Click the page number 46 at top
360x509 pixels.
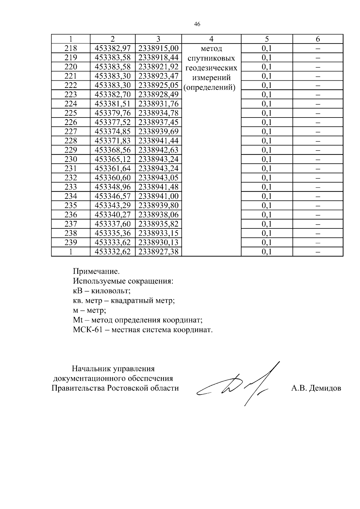(197, 24)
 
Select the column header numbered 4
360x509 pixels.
(211, 39)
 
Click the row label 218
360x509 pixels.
(71, 48)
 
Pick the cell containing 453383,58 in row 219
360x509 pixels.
(113, 58)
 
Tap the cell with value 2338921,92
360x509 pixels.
(158, 67)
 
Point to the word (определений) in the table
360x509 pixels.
(209, 88)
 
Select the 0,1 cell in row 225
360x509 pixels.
(267, 113)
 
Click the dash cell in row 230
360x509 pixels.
(318, 159)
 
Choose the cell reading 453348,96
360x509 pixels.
(113, 187)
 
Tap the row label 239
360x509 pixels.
(71, 242)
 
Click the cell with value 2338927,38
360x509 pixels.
(158, 252)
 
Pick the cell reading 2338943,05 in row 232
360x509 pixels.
(158, 178)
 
